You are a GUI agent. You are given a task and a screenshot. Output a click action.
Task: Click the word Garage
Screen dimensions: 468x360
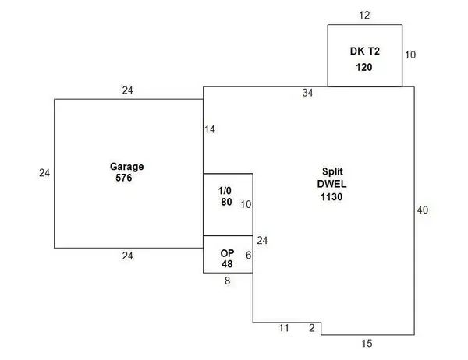coord(127,167)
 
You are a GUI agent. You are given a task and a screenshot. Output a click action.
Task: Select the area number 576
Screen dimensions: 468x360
coord(124,178)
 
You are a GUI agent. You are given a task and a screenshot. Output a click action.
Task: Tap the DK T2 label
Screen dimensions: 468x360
coord(365,51)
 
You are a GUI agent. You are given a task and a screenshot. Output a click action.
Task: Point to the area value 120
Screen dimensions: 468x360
coord(364,67)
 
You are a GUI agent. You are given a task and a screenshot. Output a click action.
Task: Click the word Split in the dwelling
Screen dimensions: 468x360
coord(332,171)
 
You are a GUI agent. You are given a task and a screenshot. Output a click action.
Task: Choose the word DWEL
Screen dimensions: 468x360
coord(332,184)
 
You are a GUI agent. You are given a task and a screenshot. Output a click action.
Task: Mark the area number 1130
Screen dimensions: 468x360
coord(331,197)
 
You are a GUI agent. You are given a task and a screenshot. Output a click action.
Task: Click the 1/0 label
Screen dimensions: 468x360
coord(225,191)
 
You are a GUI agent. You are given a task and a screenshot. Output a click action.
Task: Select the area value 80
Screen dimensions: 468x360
coord(226,202)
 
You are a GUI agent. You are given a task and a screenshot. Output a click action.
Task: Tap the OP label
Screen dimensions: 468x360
coord(227,253)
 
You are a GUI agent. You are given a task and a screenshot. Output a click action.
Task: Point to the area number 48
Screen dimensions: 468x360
coord(227,264)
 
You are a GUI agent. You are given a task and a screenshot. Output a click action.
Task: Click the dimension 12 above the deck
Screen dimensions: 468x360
coord(364,16)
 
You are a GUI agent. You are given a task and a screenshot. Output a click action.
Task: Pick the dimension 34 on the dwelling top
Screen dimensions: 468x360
coord(308,93)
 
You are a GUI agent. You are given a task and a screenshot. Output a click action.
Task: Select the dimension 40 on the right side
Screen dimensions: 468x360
coord(423,210)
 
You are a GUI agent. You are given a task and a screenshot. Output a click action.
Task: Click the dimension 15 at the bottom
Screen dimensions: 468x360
coord(367,344)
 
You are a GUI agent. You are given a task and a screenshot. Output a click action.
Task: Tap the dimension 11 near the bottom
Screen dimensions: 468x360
coord(284,328)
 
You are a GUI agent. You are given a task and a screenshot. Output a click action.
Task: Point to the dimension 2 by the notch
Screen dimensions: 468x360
coord(312,328)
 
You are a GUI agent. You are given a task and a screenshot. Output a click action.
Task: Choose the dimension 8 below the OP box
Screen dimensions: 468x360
coord(228,281)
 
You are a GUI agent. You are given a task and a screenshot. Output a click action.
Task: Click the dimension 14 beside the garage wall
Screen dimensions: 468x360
coord(210,129)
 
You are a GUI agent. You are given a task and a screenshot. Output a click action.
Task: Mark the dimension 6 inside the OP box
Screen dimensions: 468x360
coord(248,256)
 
